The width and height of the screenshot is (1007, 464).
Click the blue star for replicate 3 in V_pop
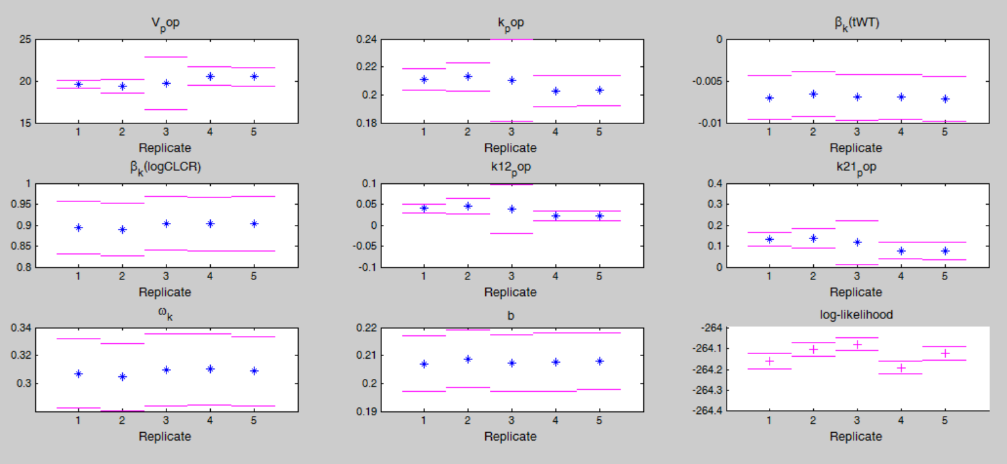166,83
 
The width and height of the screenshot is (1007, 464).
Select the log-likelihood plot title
856,315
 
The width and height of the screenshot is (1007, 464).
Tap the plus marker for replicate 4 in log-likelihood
900,368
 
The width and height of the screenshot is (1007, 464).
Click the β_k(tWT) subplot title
856,25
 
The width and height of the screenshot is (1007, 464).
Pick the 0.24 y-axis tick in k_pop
369,39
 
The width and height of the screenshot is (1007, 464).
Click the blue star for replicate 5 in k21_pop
945,251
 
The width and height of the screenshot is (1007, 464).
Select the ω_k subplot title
165,315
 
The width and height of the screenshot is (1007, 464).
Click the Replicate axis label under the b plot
511,436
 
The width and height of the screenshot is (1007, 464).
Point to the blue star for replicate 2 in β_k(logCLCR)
122,229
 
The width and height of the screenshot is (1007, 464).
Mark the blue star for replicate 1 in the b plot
423,364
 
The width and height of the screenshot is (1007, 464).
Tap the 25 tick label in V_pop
25,39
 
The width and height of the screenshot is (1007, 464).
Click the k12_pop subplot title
511,170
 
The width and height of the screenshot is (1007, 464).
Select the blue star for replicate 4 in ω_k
209,368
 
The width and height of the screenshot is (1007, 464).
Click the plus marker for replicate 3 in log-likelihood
857,344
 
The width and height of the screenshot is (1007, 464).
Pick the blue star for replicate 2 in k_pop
468,77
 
